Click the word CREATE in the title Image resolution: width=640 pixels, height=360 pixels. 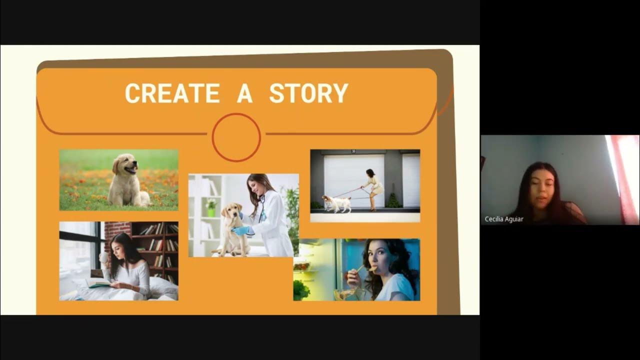[x=172, y=93]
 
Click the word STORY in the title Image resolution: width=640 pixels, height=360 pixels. [x=308, y=93]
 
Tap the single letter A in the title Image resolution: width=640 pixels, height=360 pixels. [x=244, y=93]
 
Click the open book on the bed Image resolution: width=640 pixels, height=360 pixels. [x=98, y=283]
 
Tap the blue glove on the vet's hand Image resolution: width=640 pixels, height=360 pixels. [x=241, y=230]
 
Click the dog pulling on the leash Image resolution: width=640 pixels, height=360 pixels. [x=337, y=203]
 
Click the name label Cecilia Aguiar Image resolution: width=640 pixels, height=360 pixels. [x=504, y=219]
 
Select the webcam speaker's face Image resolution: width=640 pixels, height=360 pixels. [x=541, y=187]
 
